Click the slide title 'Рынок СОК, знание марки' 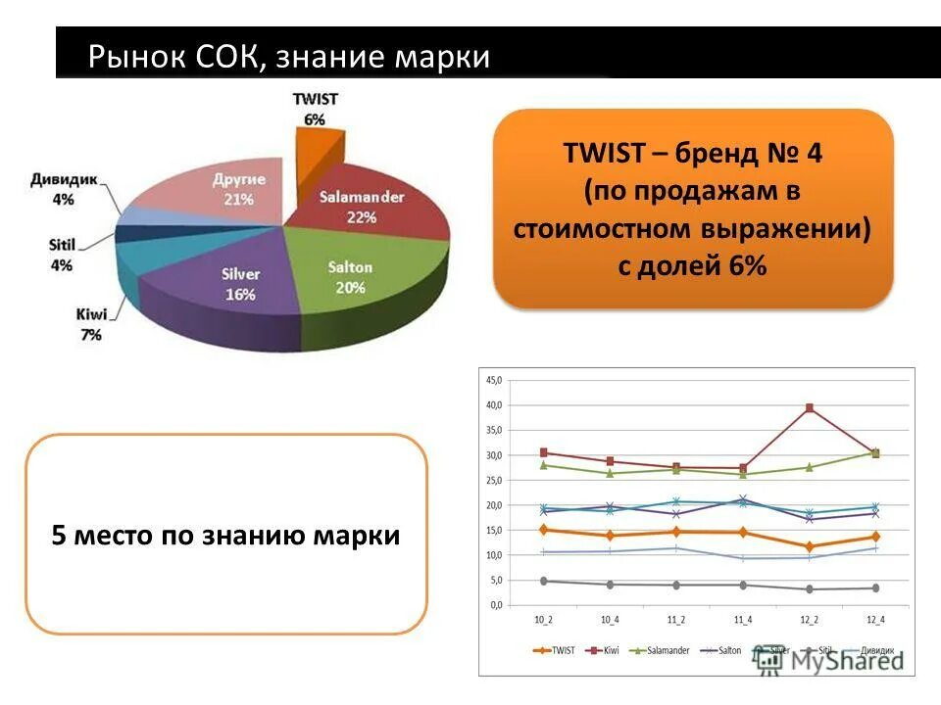288,56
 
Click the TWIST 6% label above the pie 316,109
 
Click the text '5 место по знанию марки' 225,536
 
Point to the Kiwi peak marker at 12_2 810,407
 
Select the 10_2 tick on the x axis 542,619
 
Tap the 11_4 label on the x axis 742,619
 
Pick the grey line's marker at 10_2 543,581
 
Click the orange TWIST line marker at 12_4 875,537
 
